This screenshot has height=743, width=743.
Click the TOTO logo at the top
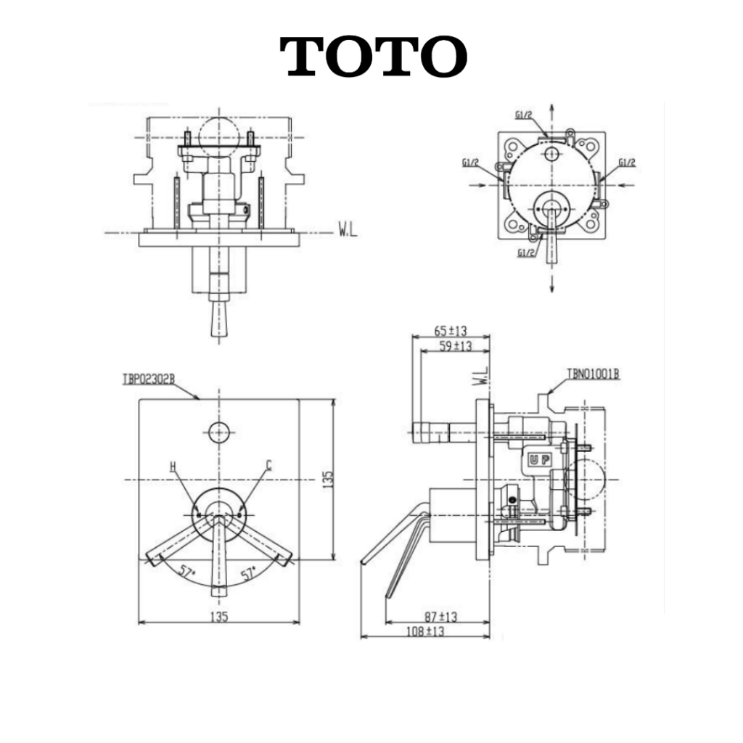click(374, 56)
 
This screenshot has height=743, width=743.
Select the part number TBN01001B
click(594, 374)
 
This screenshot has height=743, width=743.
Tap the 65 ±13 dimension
click(450, 330)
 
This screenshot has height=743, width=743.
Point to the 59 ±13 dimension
click(456, 345)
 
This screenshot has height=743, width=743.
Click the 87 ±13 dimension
click(440, 617)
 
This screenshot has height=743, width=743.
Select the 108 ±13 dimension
click(425, 631)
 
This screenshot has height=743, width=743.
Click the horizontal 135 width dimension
click(219, 616)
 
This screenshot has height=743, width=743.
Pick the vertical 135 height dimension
click(328, 479)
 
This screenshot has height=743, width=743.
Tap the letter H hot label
click(173, 467)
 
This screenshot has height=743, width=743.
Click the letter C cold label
click(268, 465)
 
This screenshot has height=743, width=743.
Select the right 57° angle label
click(248, 573)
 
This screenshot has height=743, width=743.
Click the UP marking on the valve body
click(540, 459)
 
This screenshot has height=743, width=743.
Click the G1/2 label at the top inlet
click(524, 115)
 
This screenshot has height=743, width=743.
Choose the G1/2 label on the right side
click(626, 163)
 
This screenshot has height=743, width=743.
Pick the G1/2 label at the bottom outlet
click(526, 253)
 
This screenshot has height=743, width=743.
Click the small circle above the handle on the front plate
click(219, 432)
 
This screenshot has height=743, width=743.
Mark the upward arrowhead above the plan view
click(552, 108)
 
